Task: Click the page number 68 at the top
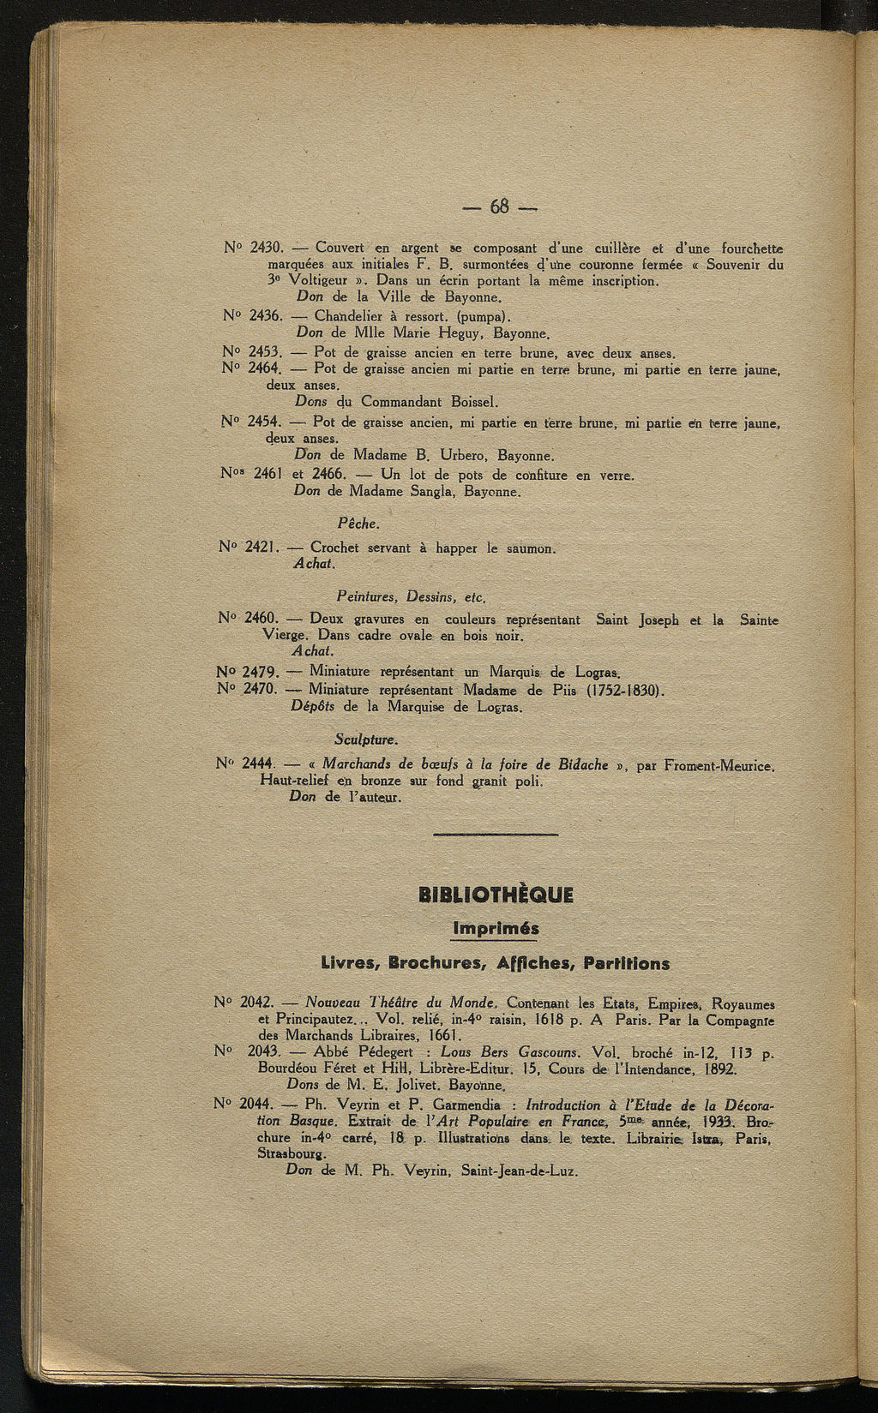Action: [x=500, y=207]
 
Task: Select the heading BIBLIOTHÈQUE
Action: [x=496, y=895]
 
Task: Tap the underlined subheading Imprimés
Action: [x=496, y=929]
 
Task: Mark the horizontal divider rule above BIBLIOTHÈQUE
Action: [x=496, y=834]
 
